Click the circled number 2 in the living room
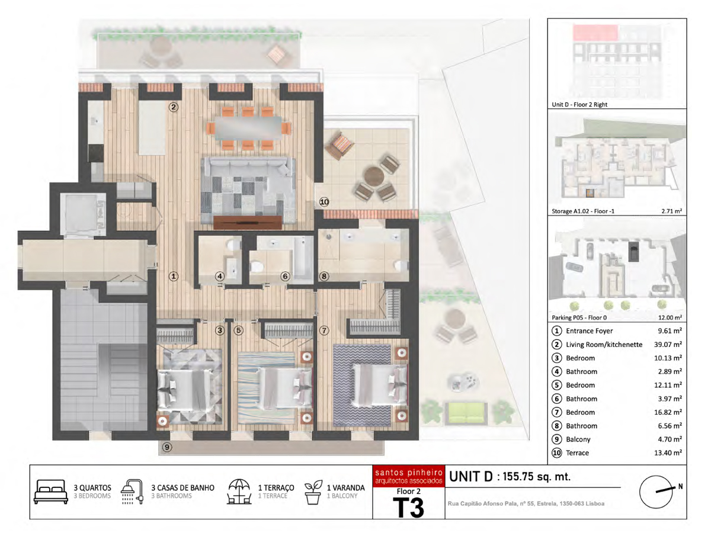[173, 107]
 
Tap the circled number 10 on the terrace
[324, 202]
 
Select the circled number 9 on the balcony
[167, 447]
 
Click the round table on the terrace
[374, 176]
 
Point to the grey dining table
[248, 128]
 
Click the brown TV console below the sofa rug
[248, 222]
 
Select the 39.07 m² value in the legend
[668, 344]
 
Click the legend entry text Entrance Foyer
[589, 330]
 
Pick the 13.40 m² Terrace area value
[668, 452]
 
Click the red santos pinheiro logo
[408, 476]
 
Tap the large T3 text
[408, 508]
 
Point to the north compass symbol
[656, 492]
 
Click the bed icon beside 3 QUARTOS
[51, 492]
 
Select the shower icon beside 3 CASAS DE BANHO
[132, 492]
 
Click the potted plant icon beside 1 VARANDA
[313, 492]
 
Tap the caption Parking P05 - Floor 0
[579, 317]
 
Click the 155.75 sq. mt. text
[536, 477]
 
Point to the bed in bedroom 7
[380, 385]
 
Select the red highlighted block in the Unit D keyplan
[595, 33]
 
